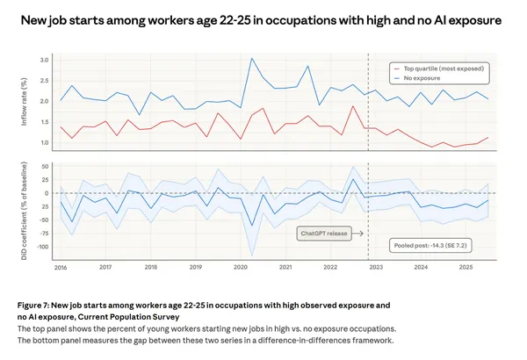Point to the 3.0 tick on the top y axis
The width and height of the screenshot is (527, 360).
(x=45, y=60)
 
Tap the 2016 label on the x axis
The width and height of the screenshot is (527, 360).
(x=61, y=266)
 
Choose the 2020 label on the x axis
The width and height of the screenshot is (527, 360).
(x=241, y=266)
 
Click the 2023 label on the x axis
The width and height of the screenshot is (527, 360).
(x=375, y=266)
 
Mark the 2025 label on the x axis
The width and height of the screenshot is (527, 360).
(x=465, y=266)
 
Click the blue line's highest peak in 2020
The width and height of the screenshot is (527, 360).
(x=252, y=59)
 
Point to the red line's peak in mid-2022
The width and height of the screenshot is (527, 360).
(x=353, y=106)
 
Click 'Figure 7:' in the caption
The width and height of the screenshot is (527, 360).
(x=37, y=303)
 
